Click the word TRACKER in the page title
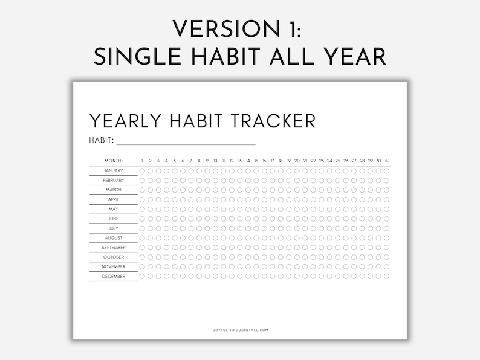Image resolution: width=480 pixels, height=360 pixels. click(x=273, y=121)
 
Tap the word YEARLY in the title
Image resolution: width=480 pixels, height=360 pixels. click(x=125, y=121)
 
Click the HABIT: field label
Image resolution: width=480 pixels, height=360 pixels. click(x=102, y=140)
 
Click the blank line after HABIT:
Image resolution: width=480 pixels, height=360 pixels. click(x=186, y=144)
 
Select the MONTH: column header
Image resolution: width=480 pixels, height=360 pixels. click(x=114, y=161)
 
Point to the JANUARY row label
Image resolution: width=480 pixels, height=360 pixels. click(x=114, y=171)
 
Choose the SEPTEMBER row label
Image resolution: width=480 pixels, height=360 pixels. click(x=114, y=248)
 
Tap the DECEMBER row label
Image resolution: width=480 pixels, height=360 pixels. click(x=114, y=276)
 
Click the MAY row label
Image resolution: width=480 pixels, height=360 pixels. click(x=114, y=209)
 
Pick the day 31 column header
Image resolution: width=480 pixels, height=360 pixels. click(x=387, y=161)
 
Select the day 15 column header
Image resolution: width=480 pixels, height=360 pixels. click(x=256, y=161)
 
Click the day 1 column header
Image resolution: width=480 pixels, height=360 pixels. click(x=142, y=161)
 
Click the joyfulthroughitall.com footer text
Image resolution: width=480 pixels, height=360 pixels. click(x=241, y=330)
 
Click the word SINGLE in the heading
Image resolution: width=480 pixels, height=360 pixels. click(x=137, y=57)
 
